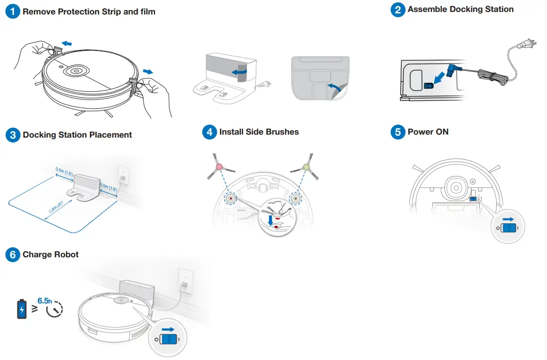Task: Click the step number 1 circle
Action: [12, 12]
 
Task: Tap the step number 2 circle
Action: [397, 10]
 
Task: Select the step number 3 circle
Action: [12, 135]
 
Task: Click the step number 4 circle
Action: [209, 132]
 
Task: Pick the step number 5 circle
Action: [397, 132]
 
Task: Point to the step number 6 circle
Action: [12, 255]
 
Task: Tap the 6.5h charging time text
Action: [44, 301]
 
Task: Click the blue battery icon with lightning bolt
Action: [22, 309]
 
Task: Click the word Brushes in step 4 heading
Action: [281, 132]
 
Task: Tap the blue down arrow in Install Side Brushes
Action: [270, 220]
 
